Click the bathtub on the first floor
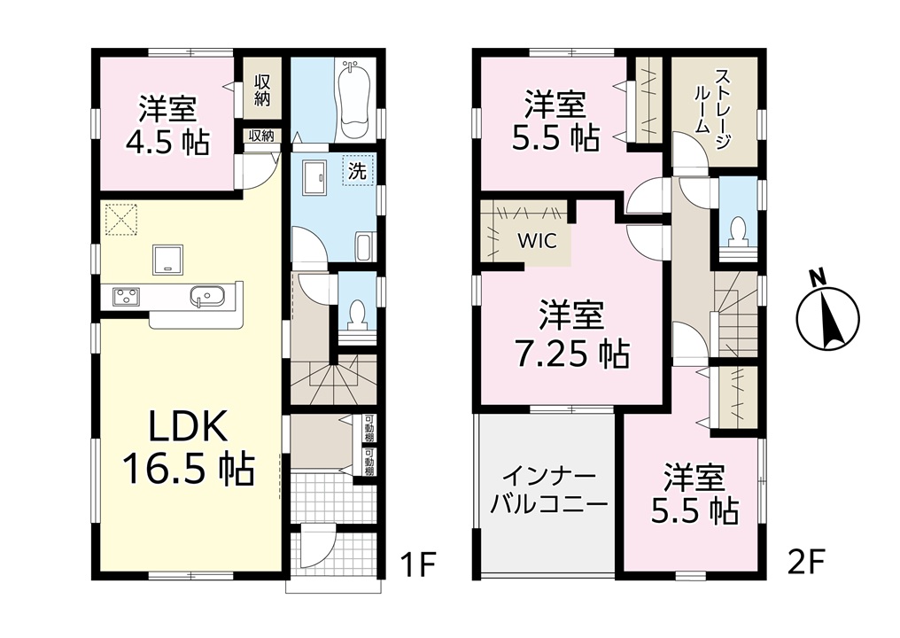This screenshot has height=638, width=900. tap(356, 99)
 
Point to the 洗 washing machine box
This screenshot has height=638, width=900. tap(358, 170)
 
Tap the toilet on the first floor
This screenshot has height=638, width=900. tap(358, 315)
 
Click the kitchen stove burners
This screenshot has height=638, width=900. tap(125, 296)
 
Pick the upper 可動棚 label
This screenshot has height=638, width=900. tap(369, 428)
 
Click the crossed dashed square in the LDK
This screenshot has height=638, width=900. tap(122, 218)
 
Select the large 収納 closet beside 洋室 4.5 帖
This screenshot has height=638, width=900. tap(261, 90)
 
